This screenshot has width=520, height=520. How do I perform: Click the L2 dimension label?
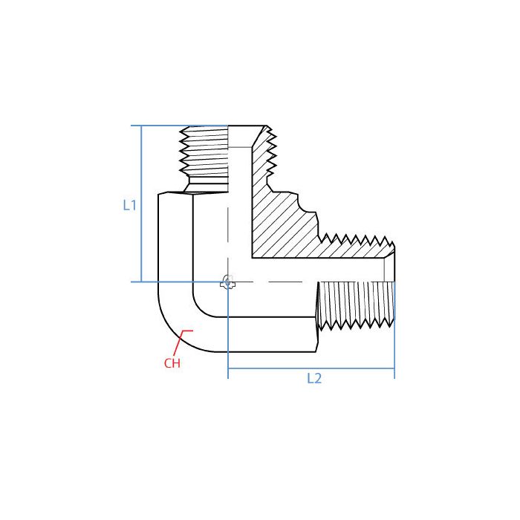[x=314, y=378]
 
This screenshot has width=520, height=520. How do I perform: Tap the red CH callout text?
[x=172, y=363]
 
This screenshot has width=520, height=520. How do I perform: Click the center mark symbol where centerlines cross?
[x=228, y=282]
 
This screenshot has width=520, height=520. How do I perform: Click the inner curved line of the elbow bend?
[x=199, y=306]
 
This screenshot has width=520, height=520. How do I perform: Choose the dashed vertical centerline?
[x=228, y=223]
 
